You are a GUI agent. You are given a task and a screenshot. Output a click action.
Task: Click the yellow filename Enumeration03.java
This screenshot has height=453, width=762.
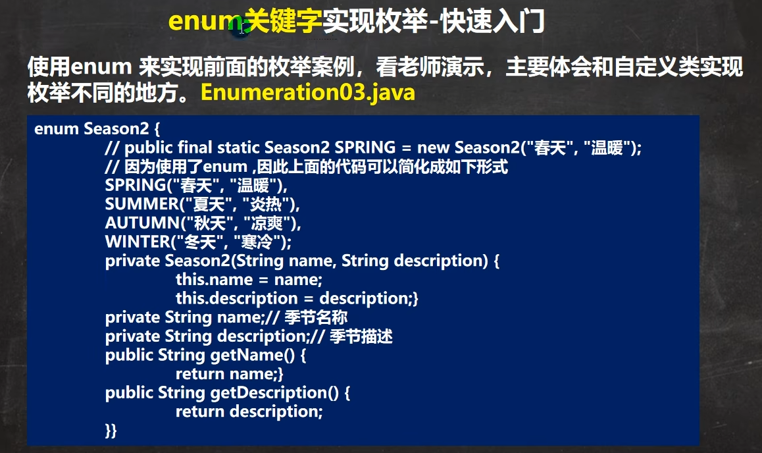click(307, 92)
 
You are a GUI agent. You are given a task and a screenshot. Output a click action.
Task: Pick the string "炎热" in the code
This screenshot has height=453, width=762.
click(265, 204)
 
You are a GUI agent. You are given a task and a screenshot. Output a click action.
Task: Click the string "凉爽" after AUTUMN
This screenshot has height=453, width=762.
click(267, 223)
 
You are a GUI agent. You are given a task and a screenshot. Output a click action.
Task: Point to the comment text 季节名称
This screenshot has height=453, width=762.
click(316, 317)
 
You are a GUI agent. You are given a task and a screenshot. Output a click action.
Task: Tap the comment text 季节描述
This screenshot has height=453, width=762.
click(361, 336)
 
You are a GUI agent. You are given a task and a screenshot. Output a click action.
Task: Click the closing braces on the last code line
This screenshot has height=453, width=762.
click(111, 431)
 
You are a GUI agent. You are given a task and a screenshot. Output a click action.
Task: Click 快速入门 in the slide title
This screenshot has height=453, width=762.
click(493, 21)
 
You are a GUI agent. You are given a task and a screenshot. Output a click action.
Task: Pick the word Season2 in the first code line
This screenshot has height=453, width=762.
click(116, 129)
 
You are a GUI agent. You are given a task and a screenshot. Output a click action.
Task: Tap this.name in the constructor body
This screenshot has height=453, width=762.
click(215, 280)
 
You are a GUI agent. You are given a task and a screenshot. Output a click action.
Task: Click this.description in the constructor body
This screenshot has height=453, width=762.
click(237, 299)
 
